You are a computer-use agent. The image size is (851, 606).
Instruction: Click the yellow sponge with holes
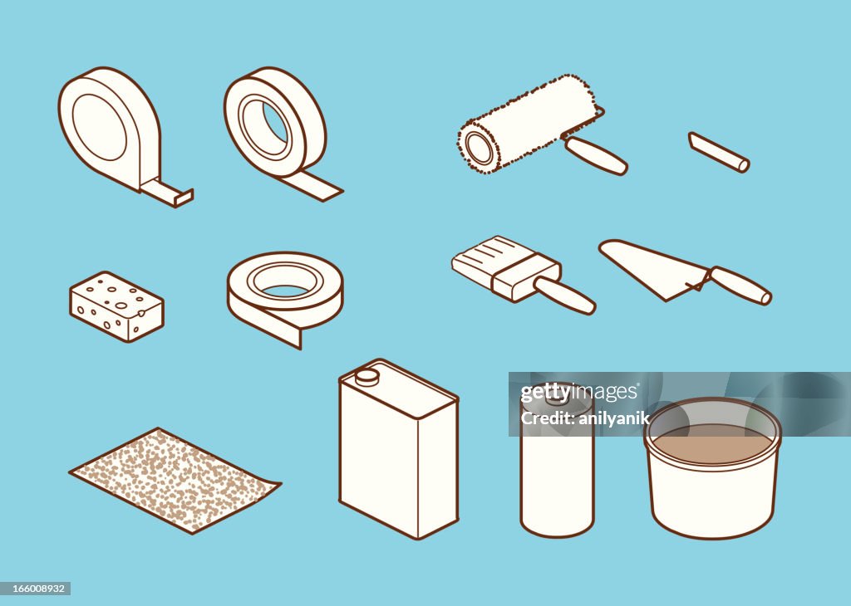click(x=116, y=306)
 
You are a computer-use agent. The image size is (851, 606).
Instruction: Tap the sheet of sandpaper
click(x=174, y=480)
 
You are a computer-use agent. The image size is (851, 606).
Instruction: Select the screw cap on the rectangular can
click(x=366, y=376)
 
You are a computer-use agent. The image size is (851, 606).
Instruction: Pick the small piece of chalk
click(x=719, y=153)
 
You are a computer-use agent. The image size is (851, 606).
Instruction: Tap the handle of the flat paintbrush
click(x=564, y=295)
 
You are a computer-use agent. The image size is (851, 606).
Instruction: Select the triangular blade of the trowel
click(x=648, y=266)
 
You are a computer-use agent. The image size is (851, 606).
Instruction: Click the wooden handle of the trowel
click(x=740, y=285)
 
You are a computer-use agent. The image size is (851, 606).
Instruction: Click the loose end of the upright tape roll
click(x=315, y=188)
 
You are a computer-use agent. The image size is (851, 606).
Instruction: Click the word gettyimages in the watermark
click(x=580, y=393)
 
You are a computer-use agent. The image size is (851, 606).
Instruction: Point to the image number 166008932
click(x=35, y=589)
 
